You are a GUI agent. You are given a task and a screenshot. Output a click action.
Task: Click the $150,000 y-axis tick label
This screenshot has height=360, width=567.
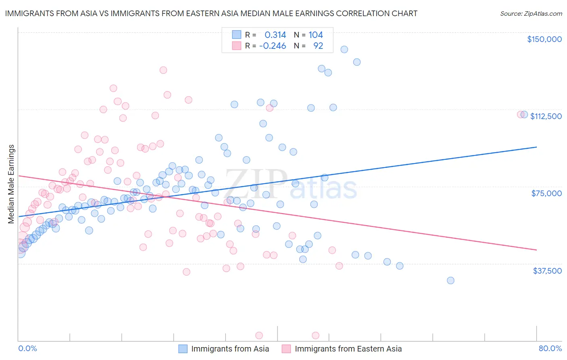544,39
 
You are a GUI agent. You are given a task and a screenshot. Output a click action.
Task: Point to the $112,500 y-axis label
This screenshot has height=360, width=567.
546,116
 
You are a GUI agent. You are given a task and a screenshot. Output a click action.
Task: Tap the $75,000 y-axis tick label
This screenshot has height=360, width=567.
546,193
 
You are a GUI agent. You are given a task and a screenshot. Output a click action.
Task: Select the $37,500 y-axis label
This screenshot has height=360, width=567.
547,271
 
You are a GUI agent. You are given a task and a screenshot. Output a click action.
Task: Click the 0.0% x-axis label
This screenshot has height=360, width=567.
27,349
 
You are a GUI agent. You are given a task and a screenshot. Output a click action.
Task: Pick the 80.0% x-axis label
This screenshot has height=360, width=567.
550,349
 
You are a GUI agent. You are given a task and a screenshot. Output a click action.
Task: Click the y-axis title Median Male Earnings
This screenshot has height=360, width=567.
11,184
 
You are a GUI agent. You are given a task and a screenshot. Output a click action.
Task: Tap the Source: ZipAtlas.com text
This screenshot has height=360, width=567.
531,13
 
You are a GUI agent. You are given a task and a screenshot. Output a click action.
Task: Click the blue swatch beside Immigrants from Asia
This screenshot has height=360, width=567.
183,349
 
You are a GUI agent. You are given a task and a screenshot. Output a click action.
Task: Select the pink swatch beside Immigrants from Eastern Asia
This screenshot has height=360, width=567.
286,349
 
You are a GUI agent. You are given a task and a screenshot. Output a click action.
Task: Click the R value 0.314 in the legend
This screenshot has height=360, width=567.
275,35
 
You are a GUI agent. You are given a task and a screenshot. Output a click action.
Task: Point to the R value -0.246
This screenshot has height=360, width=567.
273,46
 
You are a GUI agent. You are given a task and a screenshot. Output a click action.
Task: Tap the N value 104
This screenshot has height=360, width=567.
316,35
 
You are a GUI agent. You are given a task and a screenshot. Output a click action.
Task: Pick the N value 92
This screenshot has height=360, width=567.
318,46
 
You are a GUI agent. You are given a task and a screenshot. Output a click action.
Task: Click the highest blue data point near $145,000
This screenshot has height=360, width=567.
344,49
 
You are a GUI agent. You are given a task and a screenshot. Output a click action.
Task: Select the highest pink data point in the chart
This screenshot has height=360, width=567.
163,70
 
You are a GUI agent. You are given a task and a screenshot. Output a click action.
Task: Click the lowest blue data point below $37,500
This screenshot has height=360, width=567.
450,280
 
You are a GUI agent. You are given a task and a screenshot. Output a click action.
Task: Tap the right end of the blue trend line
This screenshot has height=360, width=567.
536,147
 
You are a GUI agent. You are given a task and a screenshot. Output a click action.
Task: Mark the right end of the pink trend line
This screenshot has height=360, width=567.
536,250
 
